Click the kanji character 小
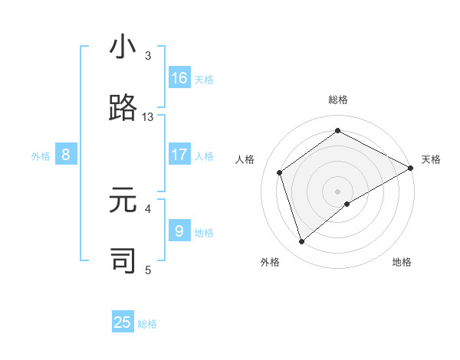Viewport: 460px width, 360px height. coord(123,47)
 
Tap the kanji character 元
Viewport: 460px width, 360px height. coord(123,200)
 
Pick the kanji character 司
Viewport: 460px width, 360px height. coord(123,260)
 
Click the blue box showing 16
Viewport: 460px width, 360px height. coord(179,78)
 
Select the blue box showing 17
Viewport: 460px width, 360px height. coord(179,155)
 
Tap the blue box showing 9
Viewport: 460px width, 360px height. coord(179,231)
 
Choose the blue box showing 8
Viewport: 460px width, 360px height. coord(66,155)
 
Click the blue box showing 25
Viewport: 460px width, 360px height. coord(123,322)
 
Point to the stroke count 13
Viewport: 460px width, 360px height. coord(148,117)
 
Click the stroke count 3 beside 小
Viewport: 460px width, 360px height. coord(148,56)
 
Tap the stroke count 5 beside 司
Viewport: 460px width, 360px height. coord(148,270)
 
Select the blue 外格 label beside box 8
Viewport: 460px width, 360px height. coord(41,155)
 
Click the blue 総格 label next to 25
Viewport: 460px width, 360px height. coord(147,324)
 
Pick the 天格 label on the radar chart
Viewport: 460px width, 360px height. coord(431,159)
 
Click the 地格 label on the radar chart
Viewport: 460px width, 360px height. coord(402,262)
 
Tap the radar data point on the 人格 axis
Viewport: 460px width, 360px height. coord(280,172)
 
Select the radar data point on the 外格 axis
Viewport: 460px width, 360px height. coord(301,242)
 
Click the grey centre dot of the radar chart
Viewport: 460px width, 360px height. coord(338,191)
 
